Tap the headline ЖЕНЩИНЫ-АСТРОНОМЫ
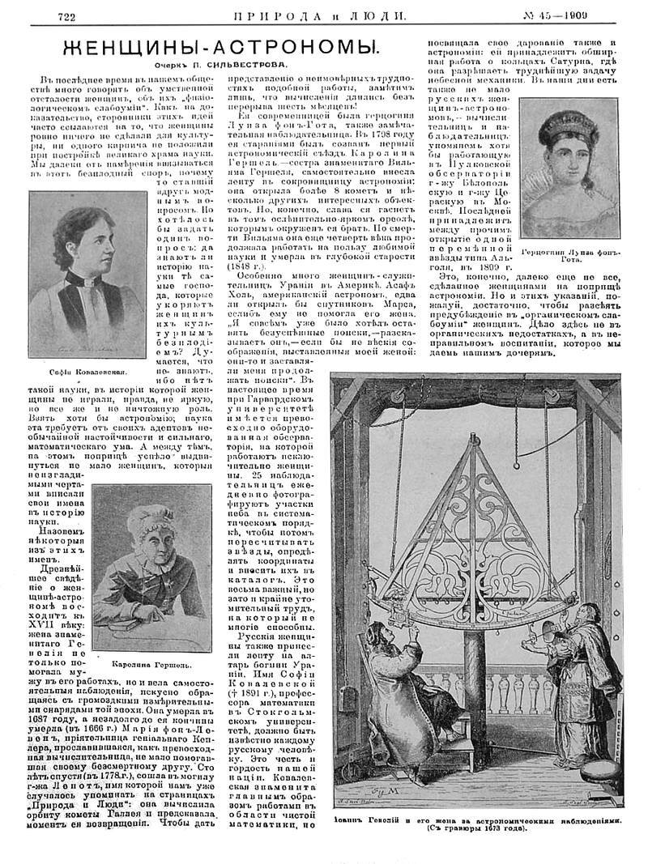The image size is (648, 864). point(211,48)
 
